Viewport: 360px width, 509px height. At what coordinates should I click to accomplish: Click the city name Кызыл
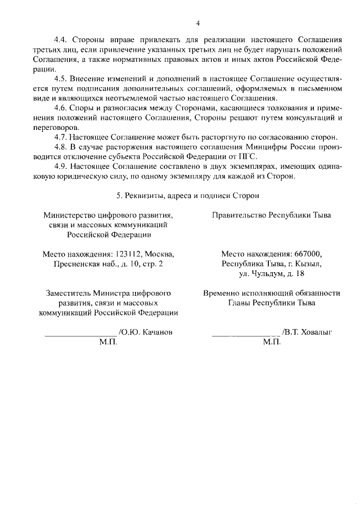tap(309, 264)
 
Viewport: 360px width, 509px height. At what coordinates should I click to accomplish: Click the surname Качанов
tap(154, 332)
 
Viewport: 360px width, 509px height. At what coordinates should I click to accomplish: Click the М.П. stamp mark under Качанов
tap(107, 343)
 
